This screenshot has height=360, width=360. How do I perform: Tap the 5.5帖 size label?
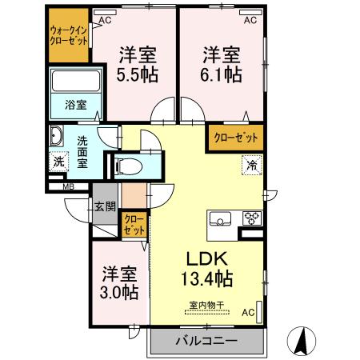click(138, 74)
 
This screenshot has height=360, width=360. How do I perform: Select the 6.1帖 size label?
click(221, 74)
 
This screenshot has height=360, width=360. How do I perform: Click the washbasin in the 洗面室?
click(58, 135)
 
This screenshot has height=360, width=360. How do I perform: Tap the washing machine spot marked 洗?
click(58, 160)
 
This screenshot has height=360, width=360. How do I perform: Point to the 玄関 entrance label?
click(105, 206)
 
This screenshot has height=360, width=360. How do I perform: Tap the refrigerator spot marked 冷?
click(252, 166)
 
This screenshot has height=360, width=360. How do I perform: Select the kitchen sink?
click(220, 218)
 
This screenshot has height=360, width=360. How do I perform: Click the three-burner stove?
click(252, 218)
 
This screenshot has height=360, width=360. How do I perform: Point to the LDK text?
click(210, 259)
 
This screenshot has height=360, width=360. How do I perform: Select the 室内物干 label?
click(206, 304)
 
